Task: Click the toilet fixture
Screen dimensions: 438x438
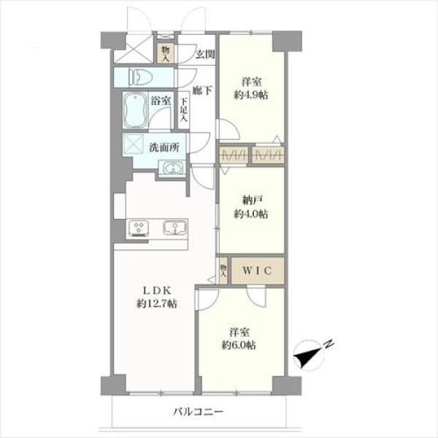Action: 140,77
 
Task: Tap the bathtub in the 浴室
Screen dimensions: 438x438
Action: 135,109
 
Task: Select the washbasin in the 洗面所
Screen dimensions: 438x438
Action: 172,169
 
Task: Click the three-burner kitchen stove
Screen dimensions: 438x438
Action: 138,228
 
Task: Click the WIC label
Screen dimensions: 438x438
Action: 257,271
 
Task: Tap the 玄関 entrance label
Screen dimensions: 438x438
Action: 205,54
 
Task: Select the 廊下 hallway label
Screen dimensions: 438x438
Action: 202,91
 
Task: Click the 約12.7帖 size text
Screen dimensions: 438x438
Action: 157,304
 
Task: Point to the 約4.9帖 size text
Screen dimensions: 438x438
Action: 251,95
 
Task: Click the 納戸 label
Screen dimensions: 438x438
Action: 252,201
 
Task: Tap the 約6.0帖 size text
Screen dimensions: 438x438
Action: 239,345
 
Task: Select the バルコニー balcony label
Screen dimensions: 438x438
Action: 198,412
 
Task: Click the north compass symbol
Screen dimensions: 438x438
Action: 309,356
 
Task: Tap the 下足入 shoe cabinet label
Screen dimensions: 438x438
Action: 183,109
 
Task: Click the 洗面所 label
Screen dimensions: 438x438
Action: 164,147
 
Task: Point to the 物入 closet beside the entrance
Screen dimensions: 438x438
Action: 166,53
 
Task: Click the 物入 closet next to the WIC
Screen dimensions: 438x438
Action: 223,271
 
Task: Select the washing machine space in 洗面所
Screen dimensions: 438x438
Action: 134,144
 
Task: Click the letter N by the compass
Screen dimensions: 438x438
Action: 329,344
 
